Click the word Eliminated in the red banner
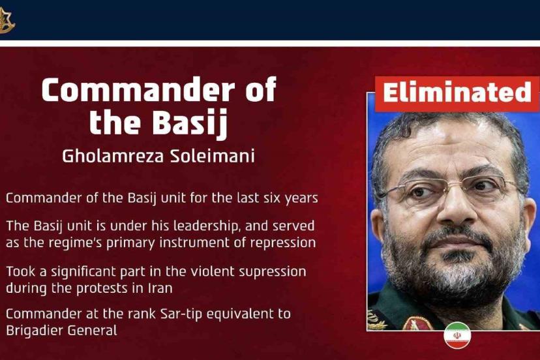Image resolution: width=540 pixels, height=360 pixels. click(457, 93)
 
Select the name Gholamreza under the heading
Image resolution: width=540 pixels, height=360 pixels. click(113, 157)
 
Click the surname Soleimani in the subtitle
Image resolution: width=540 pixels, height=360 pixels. click(213, 157)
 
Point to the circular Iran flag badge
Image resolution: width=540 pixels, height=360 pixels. click(457, 335)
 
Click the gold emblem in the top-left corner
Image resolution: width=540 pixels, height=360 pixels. click(7, 22)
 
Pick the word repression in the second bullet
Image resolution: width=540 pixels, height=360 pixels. click(283, 243)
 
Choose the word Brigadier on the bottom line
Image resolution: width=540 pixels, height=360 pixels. click(34, 331)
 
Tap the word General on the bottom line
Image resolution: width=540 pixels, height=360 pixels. click(93, 331)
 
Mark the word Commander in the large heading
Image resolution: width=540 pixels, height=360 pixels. click(138, 90)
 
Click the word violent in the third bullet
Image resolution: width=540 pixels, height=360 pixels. click(213, 271)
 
